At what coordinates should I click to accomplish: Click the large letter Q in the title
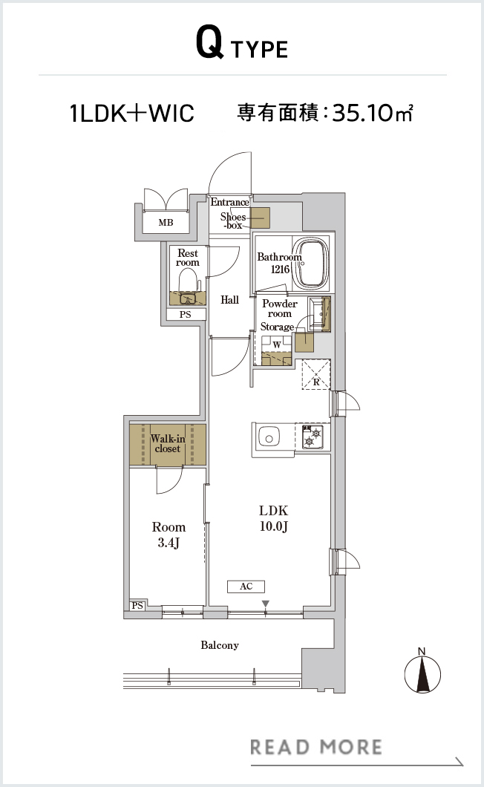(209, 43)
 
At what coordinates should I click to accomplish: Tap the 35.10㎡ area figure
(373, 112)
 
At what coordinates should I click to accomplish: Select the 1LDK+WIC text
(132, 113)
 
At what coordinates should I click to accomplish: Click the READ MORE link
(315, 747)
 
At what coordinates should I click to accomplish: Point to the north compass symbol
(422, 671)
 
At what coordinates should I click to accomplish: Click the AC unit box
(246, 587)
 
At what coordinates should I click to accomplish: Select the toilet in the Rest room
(188, 284)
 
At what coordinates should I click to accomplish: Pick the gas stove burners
(313, 436)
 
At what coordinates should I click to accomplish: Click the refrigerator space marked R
(315, 374)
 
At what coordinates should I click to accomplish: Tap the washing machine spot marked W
(277, 344)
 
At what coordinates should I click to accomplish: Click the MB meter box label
(166, 222)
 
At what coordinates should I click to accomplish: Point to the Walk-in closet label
(168, 444)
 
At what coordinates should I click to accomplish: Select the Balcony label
(220, 645)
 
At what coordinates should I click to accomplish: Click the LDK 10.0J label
(274, 518)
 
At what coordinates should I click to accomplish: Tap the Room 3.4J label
(169, 535)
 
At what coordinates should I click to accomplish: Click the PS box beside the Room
(137, 606)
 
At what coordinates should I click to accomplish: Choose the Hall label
(229, 300)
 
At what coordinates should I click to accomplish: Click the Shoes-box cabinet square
(260, 218)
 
